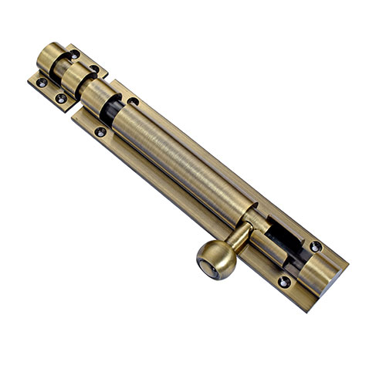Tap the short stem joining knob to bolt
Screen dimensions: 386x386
(x=240, y=235)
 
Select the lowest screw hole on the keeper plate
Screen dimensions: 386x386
(x=61, y=98)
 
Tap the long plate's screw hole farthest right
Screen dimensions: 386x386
(x=316, y=246)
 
